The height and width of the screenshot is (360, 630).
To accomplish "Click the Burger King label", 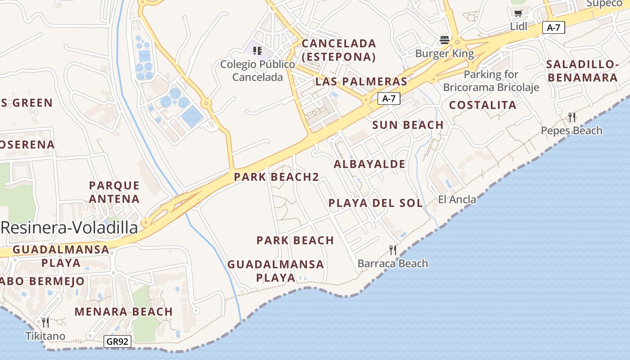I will (x=444, y=54).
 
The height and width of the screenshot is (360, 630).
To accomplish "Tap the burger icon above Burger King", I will (x=445, y=40).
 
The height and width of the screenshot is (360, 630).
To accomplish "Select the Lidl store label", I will (x=518, y=27).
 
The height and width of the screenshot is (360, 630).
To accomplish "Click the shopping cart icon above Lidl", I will (x=518, y=13).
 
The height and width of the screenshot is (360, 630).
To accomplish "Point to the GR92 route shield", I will (x=118, y=342).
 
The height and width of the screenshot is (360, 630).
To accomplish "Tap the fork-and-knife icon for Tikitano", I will (x=45, y=322).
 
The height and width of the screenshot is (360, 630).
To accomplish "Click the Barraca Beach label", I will (x=393, y=263).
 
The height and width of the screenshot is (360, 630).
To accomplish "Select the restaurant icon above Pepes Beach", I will (x=572, y=117).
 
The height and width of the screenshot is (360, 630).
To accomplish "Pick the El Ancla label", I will (x=457, y=199).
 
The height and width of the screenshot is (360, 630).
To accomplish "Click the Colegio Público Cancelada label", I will (x=258, y=71).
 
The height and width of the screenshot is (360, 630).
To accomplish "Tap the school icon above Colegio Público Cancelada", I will (x=257, y=50).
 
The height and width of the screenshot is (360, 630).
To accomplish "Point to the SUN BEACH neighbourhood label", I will (x=408, y=125).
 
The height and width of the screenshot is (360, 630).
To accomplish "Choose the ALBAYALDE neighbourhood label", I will (x=369, y=164).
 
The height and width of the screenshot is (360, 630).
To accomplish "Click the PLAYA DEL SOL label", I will (x=376, y=203).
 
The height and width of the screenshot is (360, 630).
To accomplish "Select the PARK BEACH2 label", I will (x=276, y=177).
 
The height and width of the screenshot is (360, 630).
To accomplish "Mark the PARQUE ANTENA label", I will (x=114, y=192).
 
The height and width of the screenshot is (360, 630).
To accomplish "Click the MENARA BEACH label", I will (x=124, y=311).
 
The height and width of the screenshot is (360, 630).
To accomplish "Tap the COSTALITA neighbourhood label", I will (x=483, y=105).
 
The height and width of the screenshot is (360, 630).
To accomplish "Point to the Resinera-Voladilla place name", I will (x=69, y=228).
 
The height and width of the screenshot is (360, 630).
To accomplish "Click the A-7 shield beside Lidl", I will (x=553, y=27).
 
